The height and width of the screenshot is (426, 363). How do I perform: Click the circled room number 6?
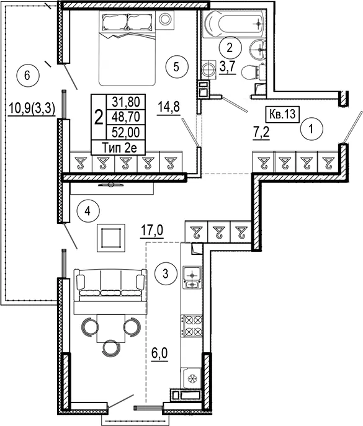coord(27,75)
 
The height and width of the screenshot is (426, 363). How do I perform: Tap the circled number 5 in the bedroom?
coord(176,67)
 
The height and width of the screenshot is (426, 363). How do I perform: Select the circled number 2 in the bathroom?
coord(230,48)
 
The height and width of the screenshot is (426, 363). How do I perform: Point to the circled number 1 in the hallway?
coord(311,128)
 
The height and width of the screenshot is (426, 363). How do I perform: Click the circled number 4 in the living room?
coord(88,211)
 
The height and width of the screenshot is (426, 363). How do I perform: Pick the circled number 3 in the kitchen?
coord(166,274)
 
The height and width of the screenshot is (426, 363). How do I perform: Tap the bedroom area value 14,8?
coord(168,108)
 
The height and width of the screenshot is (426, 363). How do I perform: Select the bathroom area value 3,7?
coord(227,67)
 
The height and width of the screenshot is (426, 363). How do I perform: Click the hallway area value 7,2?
coord(261,133)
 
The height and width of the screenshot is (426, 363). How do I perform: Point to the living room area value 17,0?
coord(152,231)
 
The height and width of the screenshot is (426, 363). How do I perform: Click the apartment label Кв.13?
coord(282,114)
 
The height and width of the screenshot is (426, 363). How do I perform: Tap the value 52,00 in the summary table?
coord(126,132)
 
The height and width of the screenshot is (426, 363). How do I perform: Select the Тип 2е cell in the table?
coord(119,148)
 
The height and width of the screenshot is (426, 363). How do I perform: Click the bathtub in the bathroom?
coord(234,24)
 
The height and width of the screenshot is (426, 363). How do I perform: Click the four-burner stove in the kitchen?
coord(192,326)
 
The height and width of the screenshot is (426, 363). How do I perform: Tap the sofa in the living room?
coord(110,285)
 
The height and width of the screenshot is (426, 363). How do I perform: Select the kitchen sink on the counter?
coord(192,277)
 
